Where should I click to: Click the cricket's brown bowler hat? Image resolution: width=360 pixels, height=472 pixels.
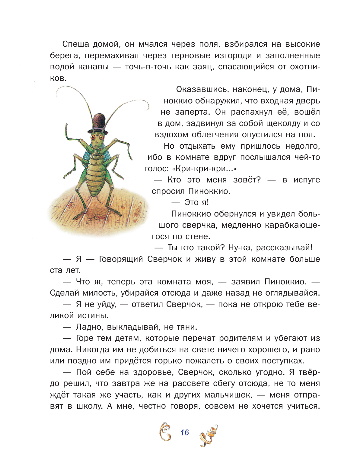(x=98, y=123)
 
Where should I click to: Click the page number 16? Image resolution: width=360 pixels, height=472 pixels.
(x=184, y=432)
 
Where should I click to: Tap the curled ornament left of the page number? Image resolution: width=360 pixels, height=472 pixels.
(x=165, y=432)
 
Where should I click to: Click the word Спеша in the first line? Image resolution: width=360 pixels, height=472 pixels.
(x=75, y=44)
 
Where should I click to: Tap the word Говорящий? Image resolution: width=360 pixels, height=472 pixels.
(x=121, y=259)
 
